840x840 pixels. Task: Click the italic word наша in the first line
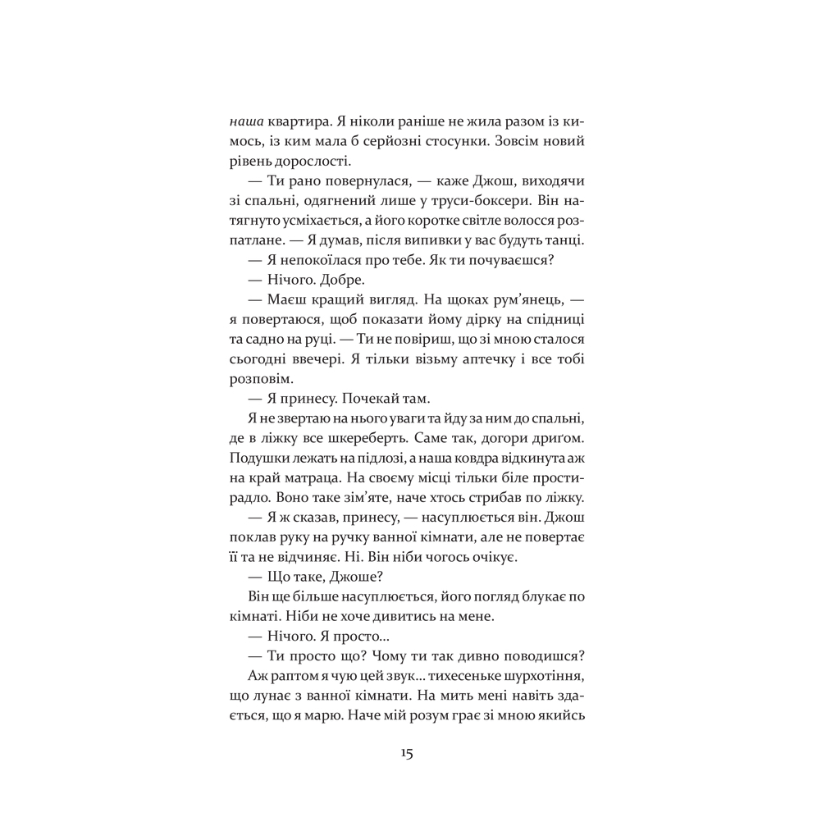point(247,121)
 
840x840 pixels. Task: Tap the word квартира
point(304,121)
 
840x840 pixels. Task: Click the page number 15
point(408,755)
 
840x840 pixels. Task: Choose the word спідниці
point(555,321)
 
